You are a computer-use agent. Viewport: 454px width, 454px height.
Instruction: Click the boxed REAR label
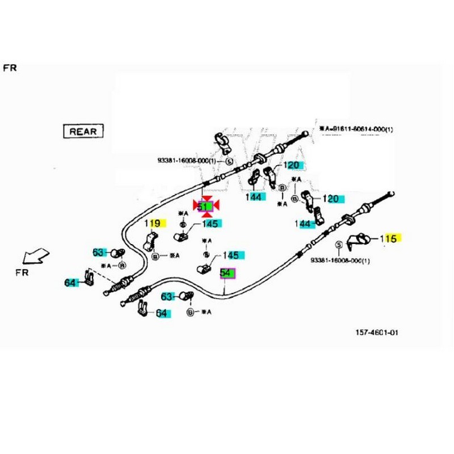coord(83,131)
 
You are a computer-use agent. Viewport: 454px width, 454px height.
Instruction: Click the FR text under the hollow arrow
coord(22,272)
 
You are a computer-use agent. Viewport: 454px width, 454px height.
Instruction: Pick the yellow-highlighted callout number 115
coord(389,238)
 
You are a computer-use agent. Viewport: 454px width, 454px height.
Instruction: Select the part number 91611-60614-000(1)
coord(357,129)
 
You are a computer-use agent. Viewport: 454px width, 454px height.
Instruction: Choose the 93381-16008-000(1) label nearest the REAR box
coord(187,161)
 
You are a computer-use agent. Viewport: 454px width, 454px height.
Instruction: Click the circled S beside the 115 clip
coord(339,245)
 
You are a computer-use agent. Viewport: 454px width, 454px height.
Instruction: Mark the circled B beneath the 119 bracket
coord(155,257)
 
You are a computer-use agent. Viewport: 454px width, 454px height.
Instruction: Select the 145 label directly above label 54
coord(230,255)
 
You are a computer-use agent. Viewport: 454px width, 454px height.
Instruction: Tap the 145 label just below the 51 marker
coord(209,224)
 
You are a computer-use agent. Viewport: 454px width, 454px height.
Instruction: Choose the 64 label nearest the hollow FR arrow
coord(70,281)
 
